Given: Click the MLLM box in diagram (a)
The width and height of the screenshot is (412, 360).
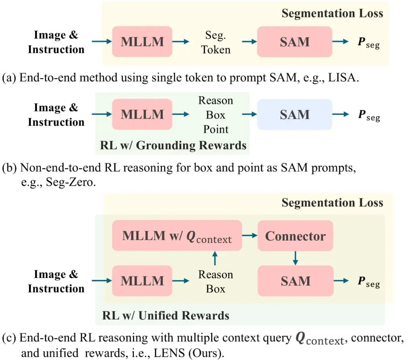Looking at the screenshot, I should pos(142,42).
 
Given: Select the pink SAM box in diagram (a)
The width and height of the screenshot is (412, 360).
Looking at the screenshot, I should pos(295,42).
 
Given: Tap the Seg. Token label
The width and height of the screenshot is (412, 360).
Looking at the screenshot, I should pos(216,42).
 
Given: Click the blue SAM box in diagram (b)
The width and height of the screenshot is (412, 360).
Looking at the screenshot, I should pos(295,115).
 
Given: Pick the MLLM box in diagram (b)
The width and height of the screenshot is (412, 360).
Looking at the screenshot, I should pos(142,114).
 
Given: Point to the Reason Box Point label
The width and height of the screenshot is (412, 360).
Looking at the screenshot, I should pos(216,115).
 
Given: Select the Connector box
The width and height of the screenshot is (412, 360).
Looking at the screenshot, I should pos(295,236).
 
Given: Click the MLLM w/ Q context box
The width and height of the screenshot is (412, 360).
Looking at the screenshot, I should pos(177,236).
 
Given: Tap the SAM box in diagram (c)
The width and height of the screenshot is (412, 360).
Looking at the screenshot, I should pos(295,281).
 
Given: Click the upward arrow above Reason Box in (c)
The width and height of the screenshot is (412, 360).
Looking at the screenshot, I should pos(216,259).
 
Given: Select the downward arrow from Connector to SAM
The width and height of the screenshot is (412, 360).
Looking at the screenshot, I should pos(295,258).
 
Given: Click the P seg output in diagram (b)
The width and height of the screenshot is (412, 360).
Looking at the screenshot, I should pos(369,115).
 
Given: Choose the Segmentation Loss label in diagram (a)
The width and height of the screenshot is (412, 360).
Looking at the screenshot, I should pos(332,14).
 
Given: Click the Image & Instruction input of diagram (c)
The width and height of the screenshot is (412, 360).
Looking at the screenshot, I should pos(56,281).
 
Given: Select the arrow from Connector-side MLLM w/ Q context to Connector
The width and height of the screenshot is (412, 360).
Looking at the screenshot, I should pos(250,236).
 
